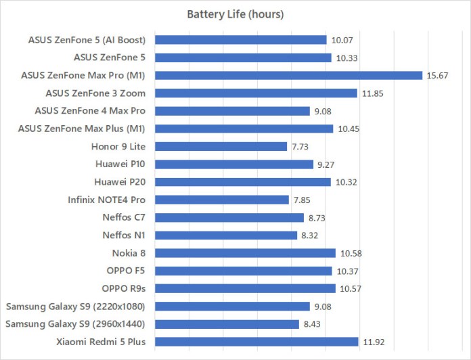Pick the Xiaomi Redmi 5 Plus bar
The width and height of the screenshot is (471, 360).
pos(257,341)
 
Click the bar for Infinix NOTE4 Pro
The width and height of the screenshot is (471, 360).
pos(223,200)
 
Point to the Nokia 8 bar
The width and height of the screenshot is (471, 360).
pos(246,252)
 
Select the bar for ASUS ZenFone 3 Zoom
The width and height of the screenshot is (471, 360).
pos(256,93)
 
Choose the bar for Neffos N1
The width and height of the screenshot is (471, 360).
pos(226,235)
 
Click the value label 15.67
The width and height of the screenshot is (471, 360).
pos(438,75)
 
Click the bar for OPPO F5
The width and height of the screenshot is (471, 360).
pos(244,271)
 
